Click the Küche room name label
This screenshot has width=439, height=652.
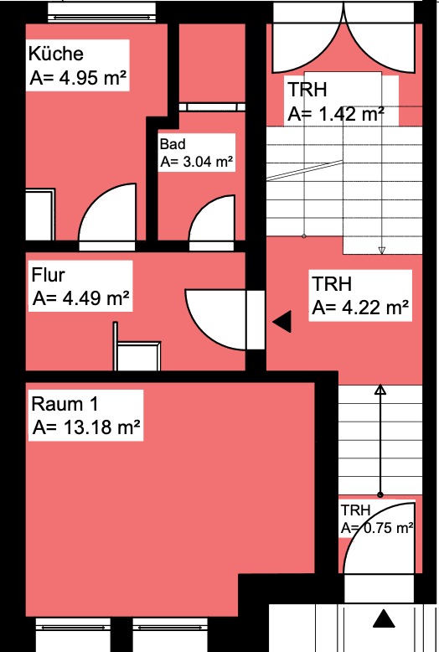pos(56,54)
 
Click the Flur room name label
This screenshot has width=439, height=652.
pos(49,275)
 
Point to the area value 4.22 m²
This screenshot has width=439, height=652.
pos(360,308)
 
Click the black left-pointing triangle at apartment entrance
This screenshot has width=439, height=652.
pos(281,320)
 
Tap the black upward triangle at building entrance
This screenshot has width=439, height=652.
pos(385,619)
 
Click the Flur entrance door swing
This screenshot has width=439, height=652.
pos(214,319)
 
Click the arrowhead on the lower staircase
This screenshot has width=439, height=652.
pos(380,390)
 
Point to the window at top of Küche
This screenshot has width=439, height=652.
pos(101,11)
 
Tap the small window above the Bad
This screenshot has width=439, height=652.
pos(211,107)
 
